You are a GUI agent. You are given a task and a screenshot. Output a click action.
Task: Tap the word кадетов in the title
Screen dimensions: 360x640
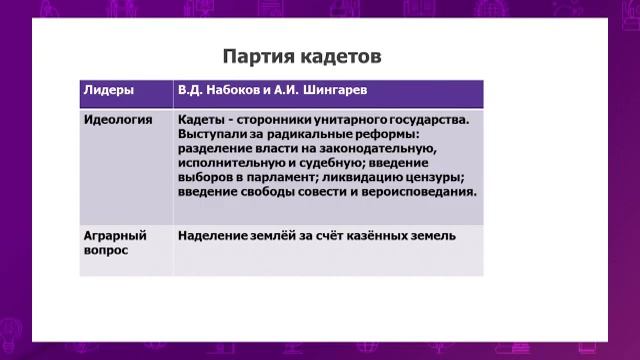tap(341, 53)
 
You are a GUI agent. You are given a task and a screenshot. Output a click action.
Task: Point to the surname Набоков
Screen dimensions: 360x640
tap(244, 90)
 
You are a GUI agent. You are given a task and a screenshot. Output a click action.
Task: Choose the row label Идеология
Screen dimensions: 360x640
tap(117, 119)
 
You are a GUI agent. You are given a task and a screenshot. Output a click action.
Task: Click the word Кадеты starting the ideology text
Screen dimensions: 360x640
tap(204, 119)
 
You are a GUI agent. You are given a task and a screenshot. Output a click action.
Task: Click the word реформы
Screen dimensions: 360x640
tap(392, 133)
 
